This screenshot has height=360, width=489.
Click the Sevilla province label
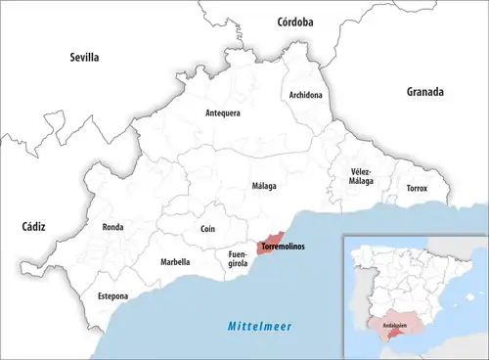(x=84, y=58)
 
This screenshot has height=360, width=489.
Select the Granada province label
(x=425, y=92)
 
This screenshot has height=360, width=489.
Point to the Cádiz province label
(x=34, y=226)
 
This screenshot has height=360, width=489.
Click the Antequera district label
(x=223, y=113)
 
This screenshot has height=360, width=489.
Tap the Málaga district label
(x=263, y=186)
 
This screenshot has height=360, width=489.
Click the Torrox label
(x=417, y=188)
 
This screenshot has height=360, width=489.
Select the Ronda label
(x=112, y=227)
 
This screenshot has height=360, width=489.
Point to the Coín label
(x=207, y=229)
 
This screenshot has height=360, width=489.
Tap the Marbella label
(x=175, y=262)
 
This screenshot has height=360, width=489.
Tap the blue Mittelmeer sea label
(x=260, y=326)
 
